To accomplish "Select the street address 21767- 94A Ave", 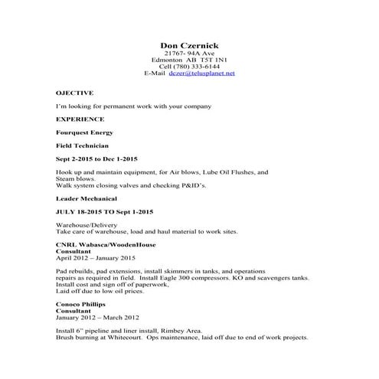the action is [189, 53].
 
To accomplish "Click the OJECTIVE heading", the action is [75, 92].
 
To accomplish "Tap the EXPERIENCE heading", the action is [80, 119].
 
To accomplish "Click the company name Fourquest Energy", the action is [84, 132].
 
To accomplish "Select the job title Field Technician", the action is [83, 145].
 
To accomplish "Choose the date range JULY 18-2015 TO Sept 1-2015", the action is [105, 211].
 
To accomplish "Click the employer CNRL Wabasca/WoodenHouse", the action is [106, 244].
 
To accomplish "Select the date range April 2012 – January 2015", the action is [96, 258].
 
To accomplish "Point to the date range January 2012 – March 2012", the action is [98, 317].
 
